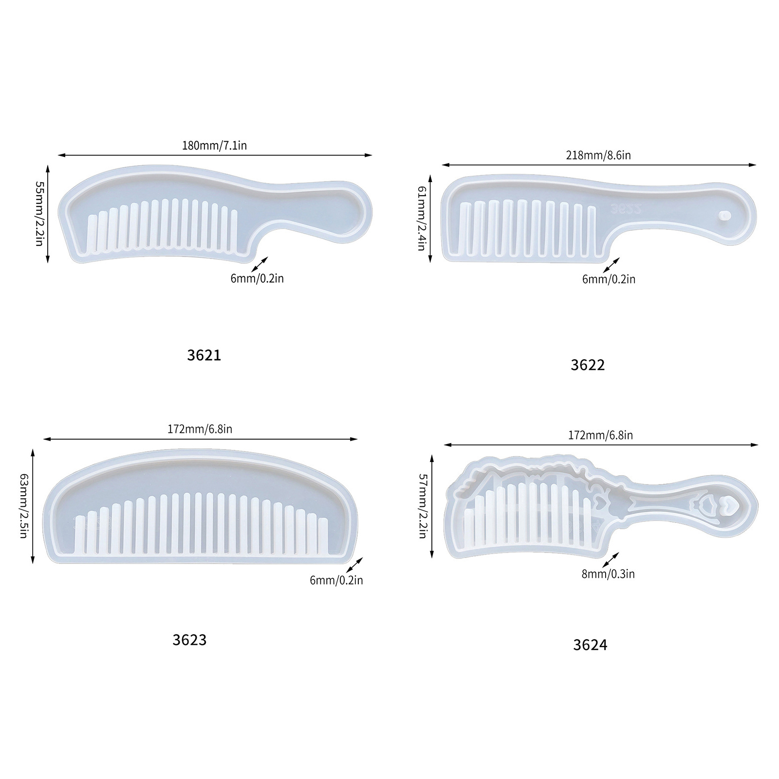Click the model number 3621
204,355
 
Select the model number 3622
588,365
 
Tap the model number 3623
189,640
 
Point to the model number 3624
590,645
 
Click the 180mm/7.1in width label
214,145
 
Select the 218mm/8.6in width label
598,155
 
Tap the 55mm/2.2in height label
39,214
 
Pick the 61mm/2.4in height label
422,219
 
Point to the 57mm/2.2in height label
422,506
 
